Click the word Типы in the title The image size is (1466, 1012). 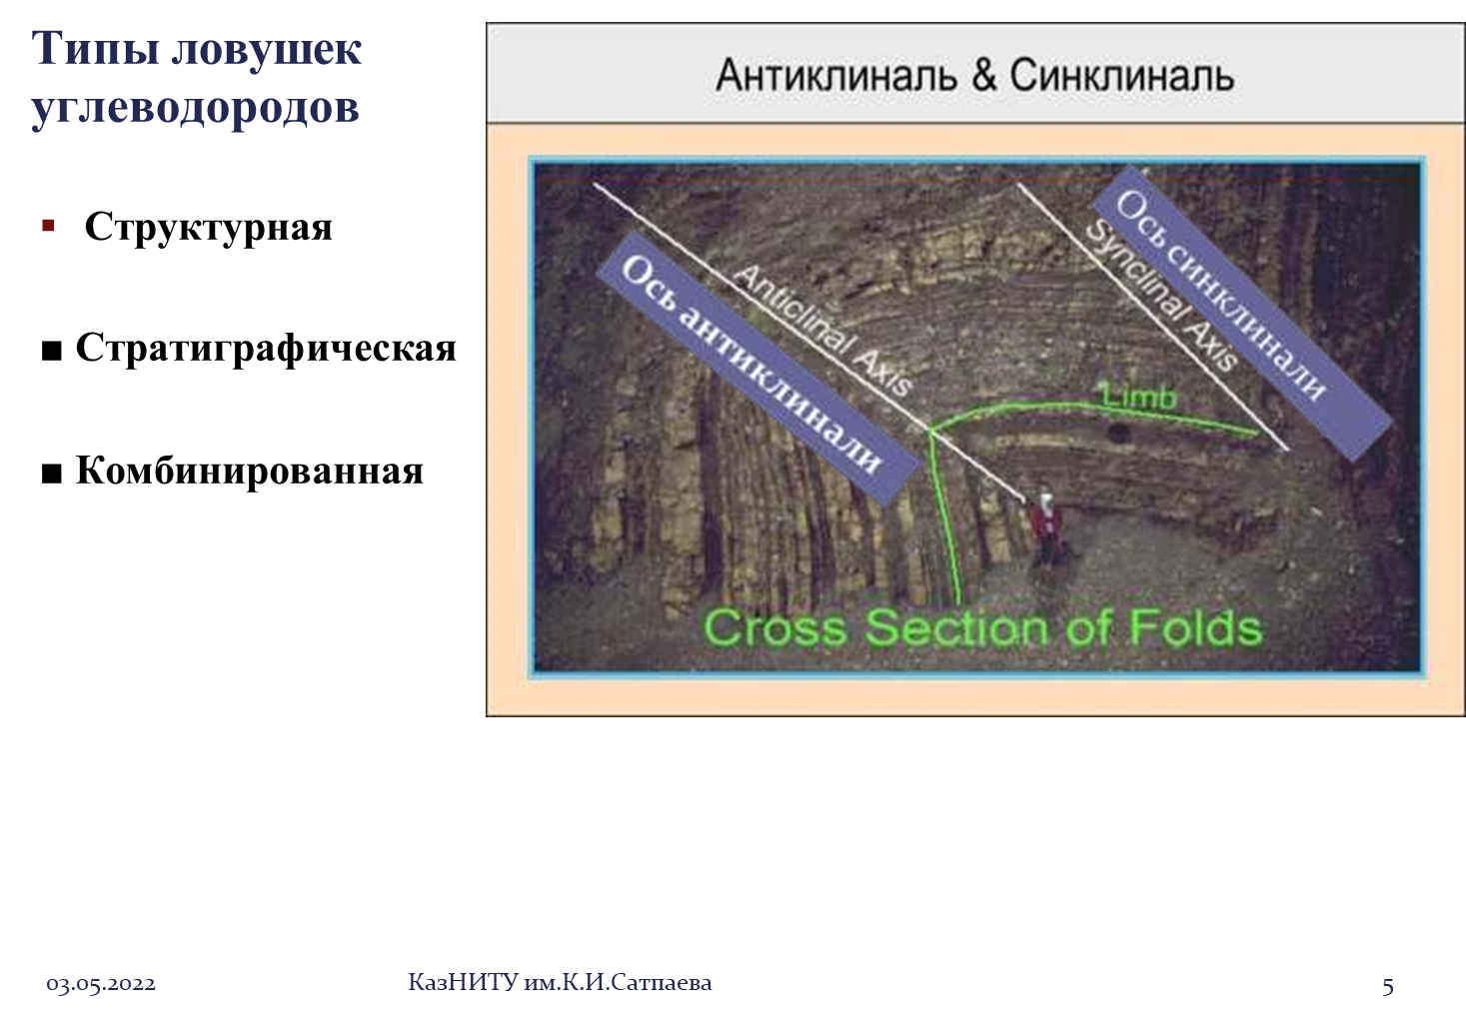95,49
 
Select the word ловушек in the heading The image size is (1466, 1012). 267,49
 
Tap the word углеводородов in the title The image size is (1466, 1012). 195,108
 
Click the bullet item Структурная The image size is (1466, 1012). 208,227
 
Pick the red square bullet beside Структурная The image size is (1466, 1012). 48,226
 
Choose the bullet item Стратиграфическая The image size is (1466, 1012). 266,348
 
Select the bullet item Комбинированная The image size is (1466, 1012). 250,470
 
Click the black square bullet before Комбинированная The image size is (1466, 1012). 52,474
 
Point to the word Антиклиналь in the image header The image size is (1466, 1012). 836,75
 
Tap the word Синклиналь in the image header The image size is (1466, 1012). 1122,75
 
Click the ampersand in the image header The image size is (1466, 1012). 983,75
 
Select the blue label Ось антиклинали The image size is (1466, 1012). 759,369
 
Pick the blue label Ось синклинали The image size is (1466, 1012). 1241,312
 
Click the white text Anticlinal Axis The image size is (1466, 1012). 823,331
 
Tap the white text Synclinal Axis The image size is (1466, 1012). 1161,296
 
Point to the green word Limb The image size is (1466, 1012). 1139,397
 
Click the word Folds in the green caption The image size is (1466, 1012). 1196,627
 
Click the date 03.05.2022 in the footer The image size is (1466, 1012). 101,984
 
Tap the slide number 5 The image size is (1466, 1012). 1388,985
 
